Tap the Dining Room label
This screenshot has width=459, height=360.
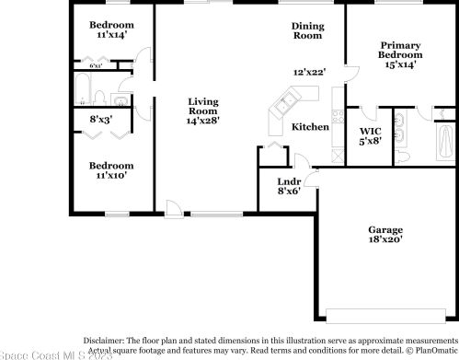(307, 31)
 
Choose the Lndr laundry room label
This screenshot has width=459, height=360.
(288, 181)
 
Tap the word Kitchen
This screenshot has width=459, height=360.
(310, 127)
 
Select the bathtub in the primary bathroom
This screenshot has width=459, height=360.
(445, 143)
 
